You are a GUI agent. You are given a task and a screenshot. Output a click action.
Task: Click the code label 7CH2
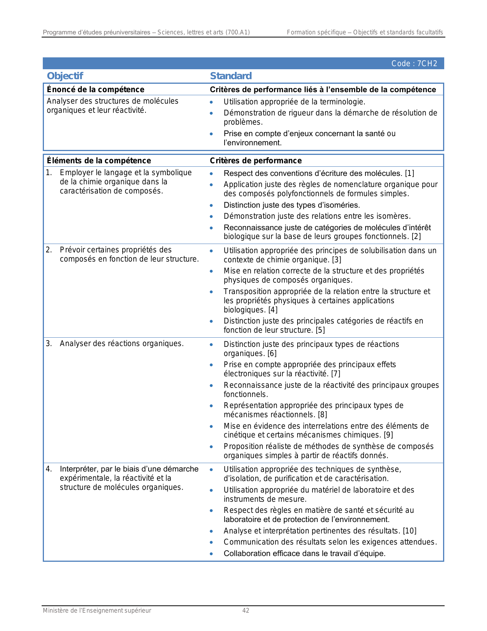click(414, 63)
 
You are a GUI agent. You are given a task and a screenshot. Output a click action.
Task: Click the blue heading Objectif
click(65, 76)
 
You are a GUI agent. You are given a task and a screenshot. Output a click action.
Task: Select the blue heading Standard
click(231, 76)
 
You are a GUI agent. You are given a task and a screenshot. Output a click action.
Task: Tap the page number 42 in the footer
click(246, 611)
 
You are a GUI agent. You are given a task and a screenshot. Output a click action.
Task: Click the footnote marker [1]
click(409, 173)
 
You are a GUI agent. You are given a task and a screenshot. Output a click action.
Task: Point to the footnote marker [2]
click(416, 236)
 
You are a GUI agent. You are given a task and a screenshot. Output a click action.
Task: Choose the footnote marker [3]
click(337, 260)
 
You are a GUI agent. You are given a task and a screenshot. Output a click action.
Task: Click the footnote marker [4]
click(273, 310)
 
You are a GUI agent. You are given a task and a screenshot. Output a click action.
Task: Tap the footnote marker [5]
click(320, 330)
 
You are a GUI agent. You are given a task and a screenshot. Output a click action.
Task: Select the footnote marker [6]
click(272, 353)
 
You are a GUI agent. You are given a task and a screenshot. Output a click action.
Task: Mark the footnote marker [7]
click(336, 374)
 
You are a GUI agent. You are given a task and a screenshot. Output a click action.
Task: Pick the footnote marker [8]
click(322, 415)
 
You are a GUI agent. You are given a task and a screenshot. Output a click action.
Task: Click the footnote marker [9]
click(388, 435)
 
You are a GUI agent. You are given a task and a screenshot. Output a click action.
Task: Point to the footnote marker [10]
click(410, 531)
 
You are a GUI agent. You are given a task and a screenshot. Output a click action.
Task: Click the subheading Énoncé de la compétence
click(95, 89)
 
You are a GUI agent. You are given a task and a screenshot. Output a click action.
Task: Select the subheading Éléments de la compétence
click(99, 161)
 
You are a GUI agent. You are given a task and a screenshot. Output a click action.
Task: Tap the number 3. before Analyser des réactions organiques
click(49, 343)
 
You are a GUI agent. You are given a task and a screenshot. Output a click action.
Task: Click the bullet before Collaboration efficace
click(212, 553)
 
